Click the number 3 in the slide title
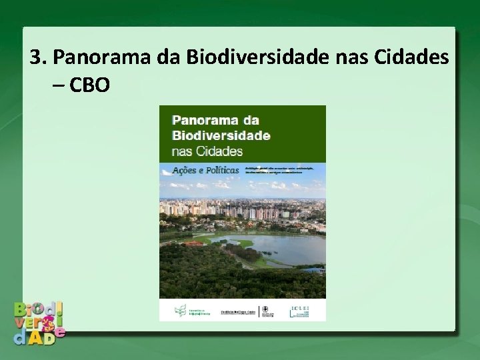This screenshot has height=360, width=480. [36, 59]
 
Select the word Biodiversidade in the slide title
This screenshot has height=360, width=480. [258, 59]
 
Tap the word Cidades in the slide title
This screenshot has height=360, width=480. [411, 59]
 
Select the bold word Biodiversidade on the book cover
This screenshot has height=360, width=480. [221, 135]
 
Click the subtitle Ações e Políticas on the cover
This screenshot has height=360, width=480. [205, 170]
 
